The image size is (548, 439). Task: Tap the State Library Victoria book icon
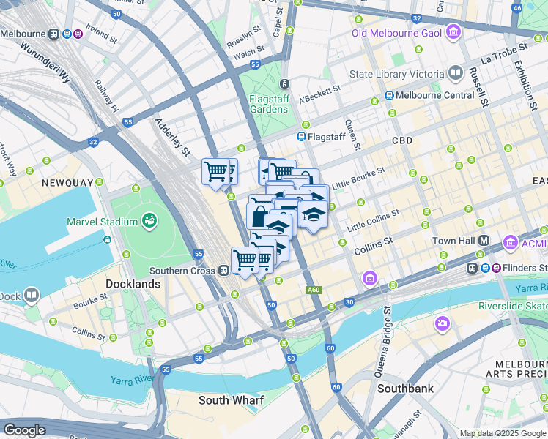[456, 73]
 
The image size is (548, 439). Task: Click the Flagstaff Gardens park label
[268, 103]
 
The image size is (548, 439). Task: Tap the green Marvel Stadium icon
[150, 219]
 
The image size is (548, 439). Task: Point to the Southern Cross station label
[182, 270]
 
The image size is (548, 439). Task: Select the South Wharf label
[232, 400]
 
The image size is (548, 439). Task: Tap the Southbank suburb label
[405, 389]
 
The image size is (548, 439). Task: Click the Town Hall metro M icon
[484, 241]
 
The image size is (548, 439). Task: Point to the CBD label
[401, 140]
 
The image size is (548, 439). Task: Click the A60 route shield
[314, 290]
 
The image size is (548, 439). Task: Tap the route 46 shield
[516, 8]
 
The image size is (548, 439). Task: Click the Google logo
[25, 430]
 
